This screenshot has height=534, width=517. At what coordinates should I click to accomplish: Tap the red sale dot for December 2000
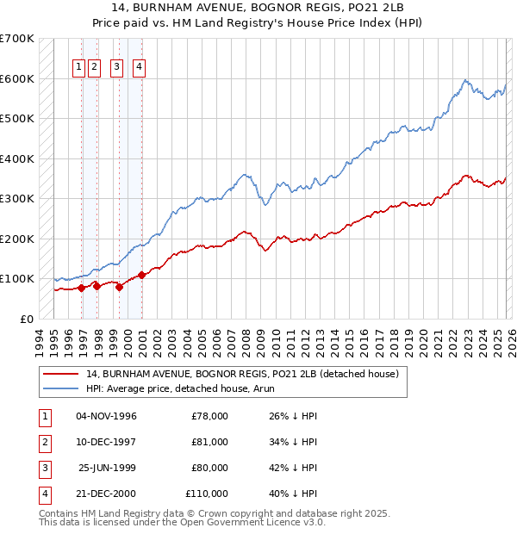coord(141,275)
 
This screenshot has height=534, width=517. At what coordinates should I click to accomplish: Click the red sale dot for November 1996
coord(82,288)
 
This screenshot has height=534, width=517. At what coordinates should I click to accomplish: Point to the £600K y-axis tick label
coord(17,78)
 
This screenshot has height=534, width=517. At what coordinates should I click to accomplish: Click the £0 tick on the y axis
coord(28,319)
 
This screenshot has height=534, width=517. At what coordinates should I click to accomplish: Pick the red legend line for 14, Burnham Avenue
coord(61,375)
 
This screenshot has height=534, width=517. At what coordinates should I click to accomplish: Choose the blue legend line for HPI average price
coord(61,388)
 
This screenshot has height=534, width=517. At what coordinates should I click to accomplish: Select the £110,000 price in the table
coord(207,494)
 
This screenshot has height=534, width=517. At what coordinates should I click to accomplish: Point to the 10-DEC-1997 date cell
coord(107,442)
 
